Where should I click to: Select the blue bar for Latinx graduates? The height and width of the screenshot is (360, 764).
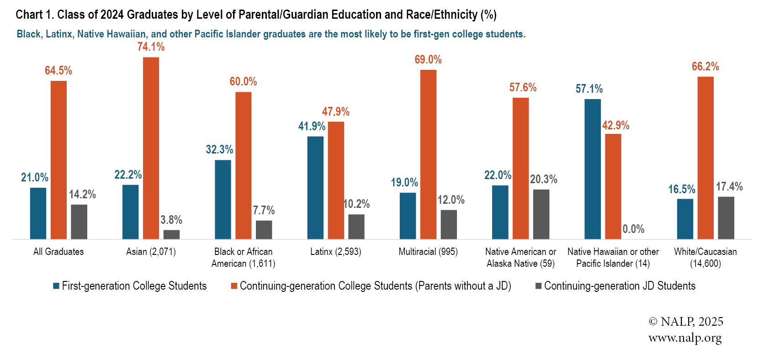(x=315, y=187)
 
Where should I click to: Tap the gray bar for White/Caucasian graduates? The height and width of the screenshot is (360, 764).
(x=726, y=218)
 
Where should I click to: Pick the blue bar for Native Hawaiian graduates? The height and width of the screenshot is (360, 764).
(x=593, y=169)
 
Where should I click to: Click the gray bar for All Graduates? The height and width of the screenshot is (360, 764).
(x=79, y=222)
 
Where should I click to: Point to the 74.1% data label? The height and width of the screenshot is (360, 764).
(x=151, y=47)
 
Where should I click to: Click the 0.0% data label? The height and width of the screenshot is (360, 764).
(x=633, y=229)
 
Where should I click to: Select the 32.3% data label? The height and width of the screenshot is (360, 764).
(x=219, y=149)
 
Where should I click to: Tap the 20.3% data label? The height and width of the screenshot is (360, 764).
(x=543, y=179)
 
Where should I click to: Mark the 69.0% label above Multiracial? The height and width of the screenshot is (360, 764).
(x=428, y=59)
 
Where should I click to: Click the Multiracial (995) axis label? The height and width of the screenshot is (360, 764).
(x=428, y=252)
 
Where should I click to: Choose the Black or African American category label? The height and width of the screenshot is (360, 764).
(x=243, y=258)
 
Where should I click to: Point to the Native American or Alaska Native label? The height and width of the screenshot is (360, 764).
(x=520, y=258)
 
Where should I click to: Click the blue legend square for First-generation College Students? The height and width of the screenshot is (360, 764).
(x=56, y=286)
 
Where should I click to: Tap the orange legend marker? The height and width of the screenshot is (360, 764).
(x=234, y=286)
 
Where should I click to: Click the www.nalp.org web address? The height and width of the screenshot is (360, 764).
(x=685, y=338)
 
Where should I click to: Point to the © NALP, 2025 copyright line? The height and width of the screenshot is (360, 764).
(x=686, y=322)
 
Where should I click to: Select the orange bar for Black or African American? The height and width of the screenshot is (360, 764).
(x=243, y=165)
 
